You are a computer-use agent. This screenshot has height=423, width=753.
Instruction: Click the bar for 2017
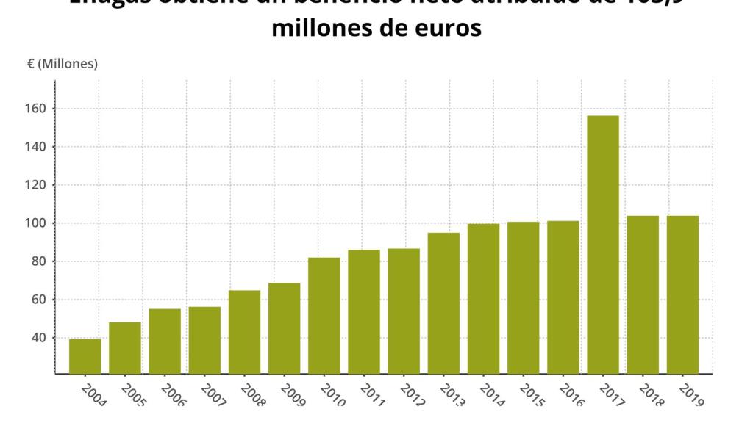coord(603,245)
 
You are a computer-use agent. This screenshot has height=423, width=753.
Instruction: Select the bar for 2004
coord(85,356)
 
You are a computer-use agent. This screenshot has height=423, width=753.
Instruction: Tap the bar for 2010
coord(324,316)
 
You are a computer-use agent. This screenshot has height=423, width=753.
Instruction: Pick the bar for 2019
coord(682,294)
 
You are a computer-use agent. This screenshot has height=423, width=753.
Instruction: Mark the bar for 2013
coord(443,303)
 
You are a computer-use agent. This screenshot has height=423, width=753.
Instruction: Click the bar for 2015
coord(523,297)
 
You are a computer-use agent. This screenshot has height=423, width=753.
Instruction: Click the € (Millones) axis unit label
coord(63,64)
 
